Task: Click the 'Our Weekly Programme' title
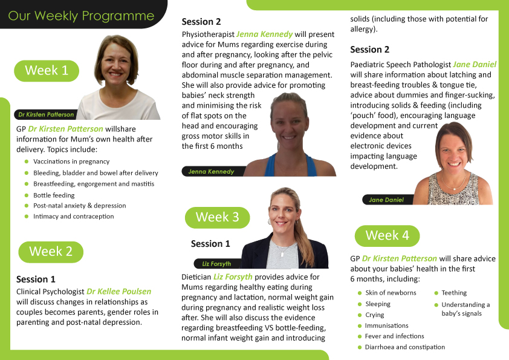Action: pyautogui.click(x=81, y=16)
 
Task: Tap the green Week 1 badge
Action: pyautogui.click(x=47, y=71)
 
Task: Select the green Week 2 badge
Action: pyautogui.click(x=51, y=252)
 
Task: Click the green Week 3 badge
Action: pyautogui.click(x=217, y=217)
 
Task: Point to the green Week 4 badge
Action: pyautogui.click(x=387, y=235)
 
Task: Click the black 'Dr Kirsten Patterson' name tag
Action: pyautogui.click(x=46, y=114)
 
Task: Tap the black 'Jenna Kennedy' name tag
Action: pyautogui.click(x=213, y=171)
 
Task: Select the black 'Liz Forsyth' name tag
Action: pyautogui.click(x=217, y=264)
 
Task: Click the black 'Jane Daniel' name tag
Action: pyautogui.click(x=387, y=200)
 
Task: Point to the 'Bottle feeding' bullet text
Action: pyautogui.click(x=54, y=195)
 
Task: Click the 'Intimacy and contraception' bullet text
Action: pyautogui.click(x=73, y=217)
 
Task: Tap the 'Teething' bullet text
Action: pyautogui.click(x=454, y=293)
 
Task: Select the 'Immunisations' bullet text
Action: pyautogui.click(x=387, y=326)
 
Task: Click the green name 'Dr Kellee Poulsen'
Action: pyautogui.click(x=119, y=292)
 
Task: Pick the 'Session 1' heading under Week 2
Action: pyautogui.click(x=36, y=279)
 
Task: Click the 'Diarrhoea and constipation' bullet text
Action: pyautogui.click(x=405, y=347)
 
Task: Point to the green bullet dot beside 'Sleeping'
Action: pyautogui.click(x=360, y=304)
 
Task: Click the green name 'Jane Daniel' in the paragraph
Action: pyautogui.click(x=475, y=64)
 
